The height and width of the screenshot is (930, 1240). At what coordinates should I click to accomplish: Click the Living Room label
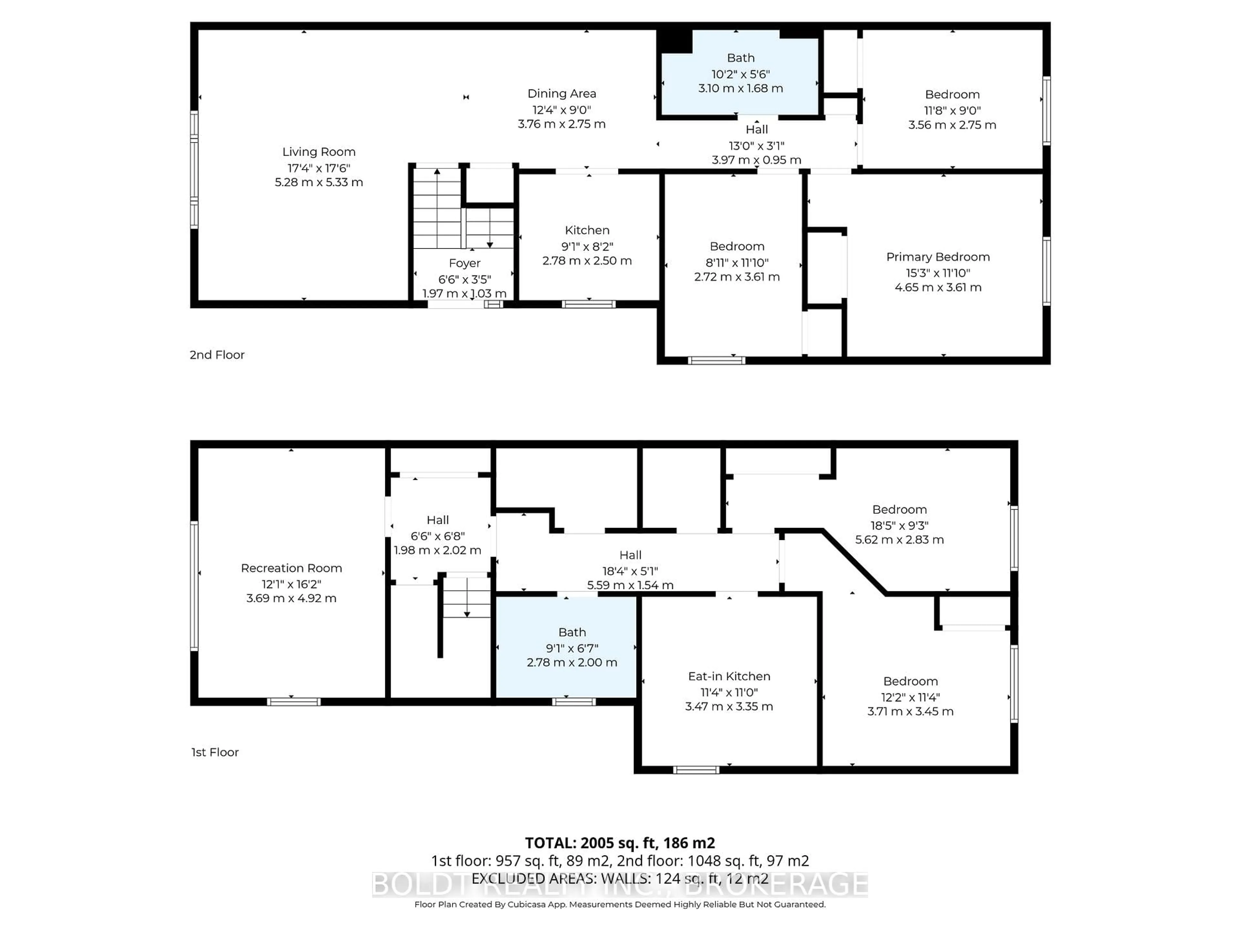click(318, 152)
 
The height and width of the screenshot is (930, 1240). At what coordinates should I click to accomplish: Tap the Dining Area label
click(561, 94)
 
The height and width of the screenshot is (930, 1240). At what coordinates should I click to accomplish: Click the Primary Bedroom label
click(937, 257)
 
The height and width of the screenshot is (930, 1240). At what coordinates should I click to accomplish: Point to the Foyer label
click(464, 263)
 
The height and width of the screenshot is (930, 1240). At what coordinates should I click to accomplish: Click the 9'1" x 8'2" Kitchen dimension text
click(587, 246)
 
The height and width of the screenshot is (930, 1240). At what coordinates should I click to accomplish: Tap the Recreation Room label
click(291, 568)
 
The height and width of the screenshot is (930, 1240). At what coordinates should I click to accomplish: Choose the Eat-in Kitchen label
click(729, 676)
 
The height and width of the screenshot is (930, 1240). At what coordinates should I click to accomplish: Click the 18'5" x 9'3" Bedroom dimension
click(899, 525)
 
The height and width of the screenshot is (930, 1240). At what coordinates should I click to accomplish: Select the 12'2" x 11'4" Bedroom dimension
click(910, 697)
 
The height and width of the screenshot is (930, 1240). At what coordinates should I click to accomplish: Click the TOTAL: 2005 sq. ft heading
click(619, 842)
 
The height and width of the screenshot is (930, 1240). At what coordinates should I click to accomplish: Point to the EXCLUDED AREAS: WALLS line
click(619, 878)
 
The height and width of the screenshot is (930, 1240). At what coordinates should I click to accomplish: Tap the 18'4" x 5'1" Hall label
click(630, 571)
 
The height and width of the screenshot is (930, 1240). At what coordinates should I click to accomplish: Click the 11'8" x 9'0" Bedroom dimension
click(952, 110)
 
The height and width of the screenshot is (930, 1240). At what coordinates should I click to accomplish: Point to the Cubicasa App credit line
click(619, 904)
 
